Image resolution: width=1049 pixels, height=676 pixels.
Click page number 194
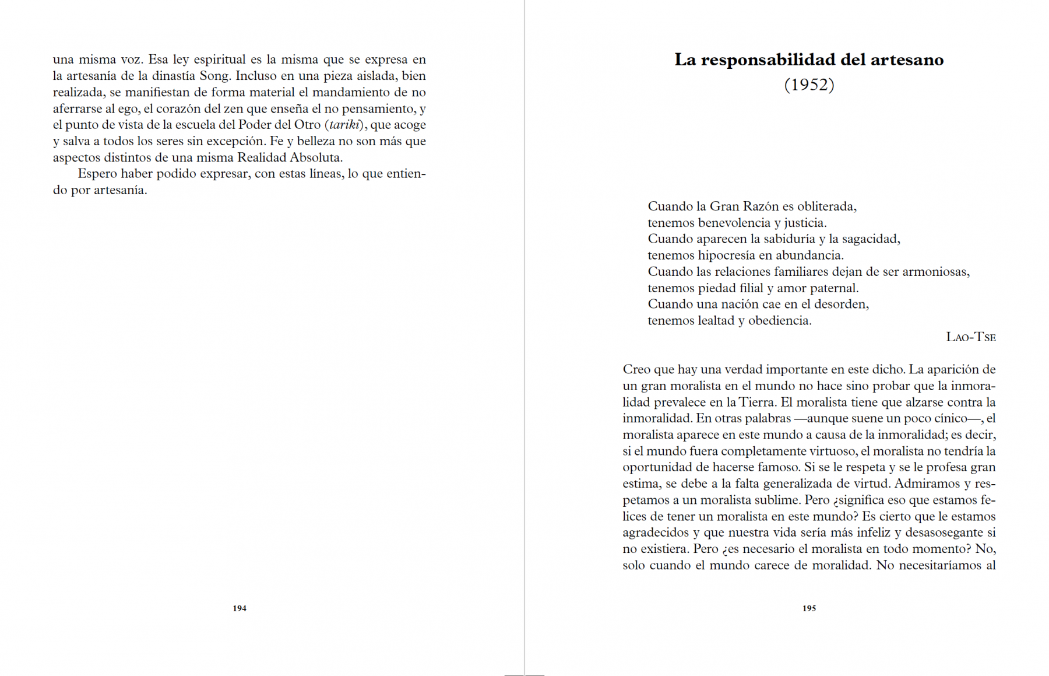240,608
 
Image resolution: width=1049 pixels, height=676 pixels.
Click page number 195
809,608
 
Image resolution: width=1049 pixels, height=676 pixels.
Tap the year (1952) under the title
809,85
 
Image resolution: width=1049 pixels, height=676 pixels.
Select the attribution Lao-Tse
970,337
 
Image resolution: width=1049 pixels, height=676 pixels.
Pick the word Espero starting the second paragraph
97,174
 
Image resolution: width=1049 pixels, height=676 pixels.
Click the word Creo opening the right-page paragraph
636,370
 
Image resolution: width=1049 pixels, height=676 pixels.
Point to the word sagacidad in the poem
870,239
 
